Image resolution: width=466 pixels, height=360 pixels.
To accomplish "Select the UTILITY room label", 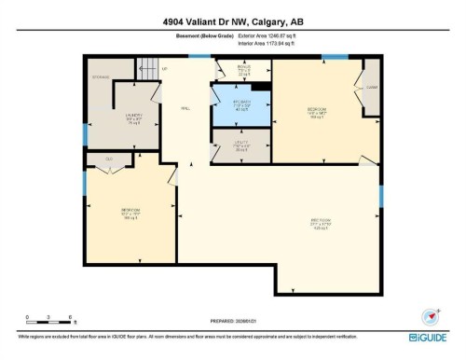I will [x=240, y=145].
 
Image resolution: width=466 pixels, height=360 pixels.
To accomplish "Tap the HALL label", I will [x=186, y=110].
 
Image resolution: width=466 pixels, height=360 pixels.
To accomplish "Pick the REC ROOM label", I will [x=322, y=223].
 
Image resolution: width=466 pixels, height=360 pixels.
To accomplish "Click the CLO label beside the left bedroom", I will [x=109, y=160].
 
